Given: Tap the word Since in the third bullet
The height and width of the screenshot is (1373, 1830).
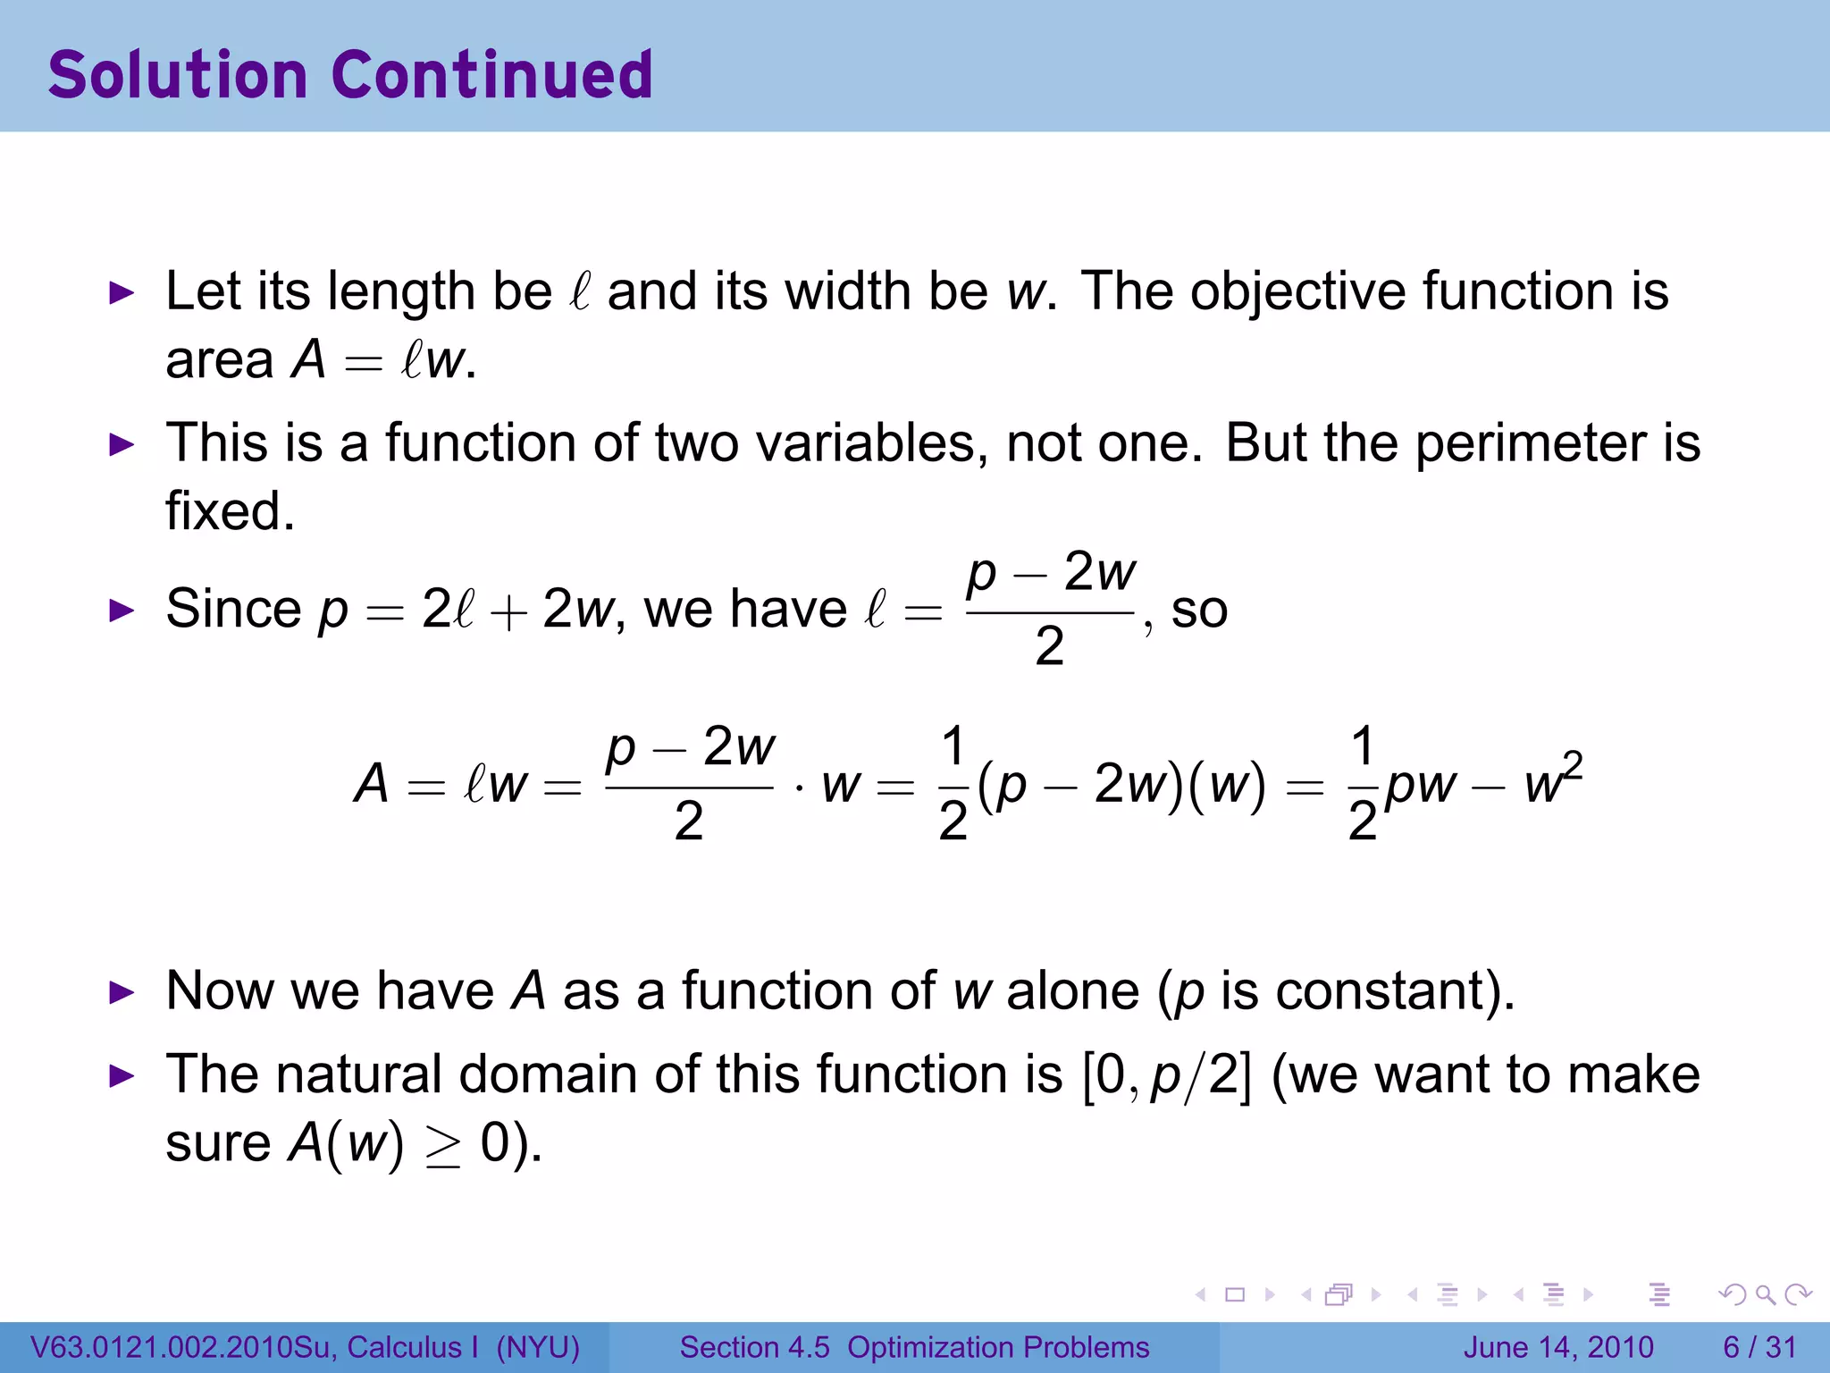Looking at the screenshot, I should click(x=234, y=610).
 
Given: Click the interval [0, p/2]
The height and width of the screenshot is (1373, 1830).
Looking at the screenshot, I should click(x=1166, y=1075).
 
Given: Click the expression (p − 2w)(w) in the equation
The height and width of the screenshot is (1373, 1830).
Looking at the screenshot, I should click(x=1121, y=785).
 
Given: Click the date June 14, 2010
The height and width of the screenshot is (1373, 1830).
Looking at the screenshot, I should click(x=1558, y=1347).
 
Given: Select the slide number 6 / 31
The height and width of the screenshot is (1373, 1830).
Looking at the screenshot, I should click(x=1759, y=1347).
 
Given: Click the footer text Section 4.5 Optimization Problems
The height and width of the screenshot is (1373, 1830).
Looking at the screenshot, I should click(x=914, y=1347).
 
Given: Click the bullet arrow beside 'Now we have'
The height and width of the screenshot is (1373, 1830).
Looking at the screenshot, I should click(x=121, y=992).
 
